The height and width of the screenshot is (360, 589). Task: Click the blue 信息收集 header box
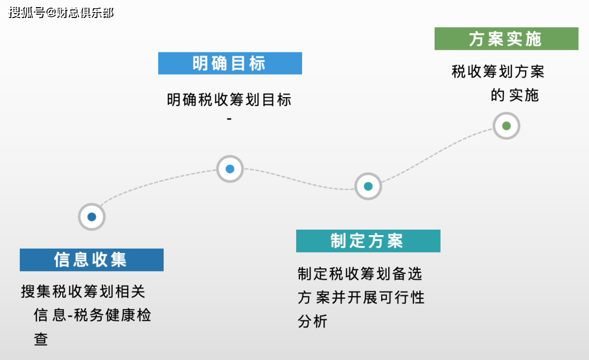pos(92,260)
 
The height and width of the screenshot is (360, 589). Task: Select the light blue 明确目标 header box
pos(230,63)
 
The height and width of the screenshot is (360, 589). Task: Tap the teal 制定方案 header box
pos(368,241)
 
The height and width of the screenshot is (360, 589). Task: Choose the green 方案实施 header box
pos(506,39)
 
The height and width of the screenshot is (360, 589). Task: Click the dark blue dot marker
pos(92,217)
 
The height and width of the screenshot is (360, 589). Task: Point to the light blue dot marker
pos(230,169)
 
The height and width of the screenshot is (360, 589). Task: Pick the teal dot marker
pos(368,186)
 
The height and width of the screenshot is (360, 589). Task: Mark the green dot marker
pos(506,126)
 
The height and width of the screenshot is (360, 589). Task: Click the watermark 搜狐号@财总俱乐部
pos(61,13)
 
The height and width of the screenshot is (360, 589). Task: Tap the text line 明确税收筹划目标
pos(229,100)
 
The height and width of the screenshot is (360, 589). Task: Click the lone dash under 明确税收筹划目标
pos(229,119)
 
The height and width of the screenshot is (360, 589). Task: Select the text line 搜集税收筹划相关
pos(83,292)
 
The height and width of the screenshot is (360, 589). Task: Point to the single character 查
pos(41,340)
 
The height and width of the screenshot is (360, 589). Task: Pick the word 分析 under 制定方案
pos(312,321)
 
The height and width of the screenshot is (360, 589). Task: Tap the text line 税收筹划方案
pos(498,71)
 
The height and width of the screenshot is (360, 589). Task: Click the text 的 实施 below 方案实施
pos(514,95)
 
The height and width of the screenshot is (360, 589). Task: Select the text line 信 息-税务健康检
pos(92,316)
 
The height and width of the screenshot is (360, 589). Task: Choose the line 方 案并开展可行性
pos(361,297)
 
